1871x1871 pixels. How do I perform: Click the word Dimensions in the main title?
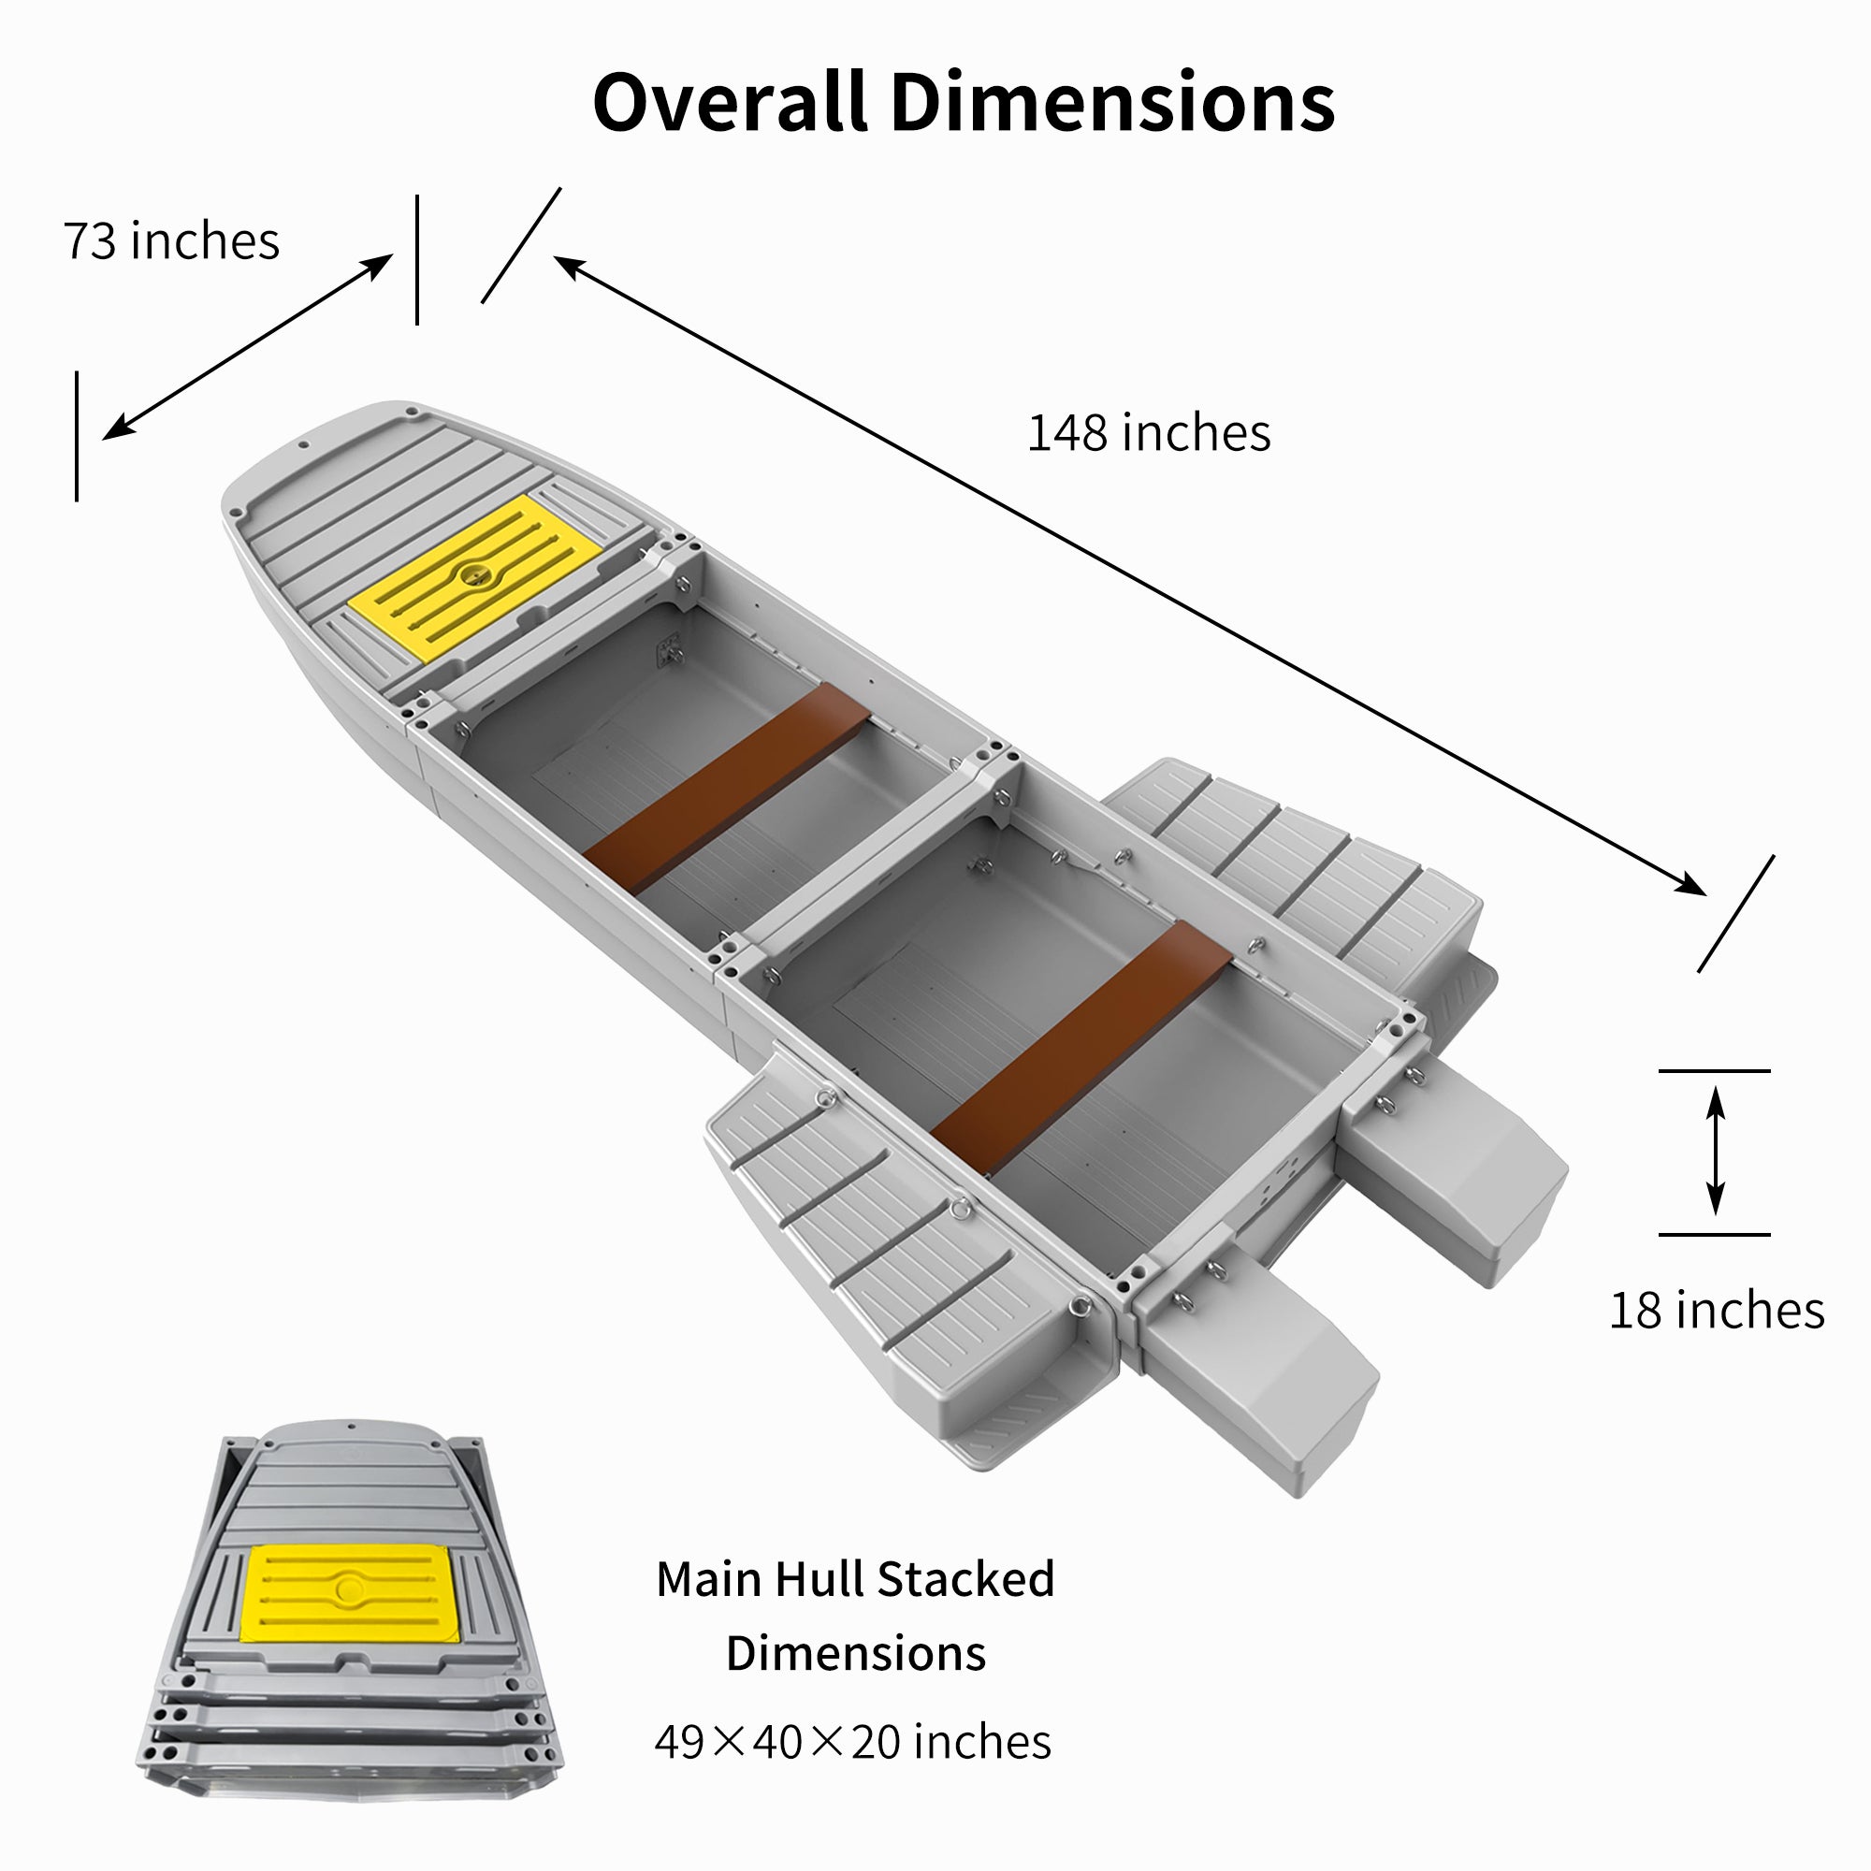click(1112, 102)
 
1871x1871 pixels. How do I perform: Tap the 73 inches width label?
click(171, 241)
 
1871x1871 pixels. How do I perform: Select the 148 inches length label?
click(1149, 433)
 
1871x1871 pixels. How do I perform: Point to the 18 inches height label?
click(1716, 1311)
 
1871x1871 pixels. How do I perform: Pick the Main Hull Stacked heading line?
click(855, 1578)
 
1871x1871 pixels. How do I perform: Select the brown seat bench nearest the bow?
click(727, 789)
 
